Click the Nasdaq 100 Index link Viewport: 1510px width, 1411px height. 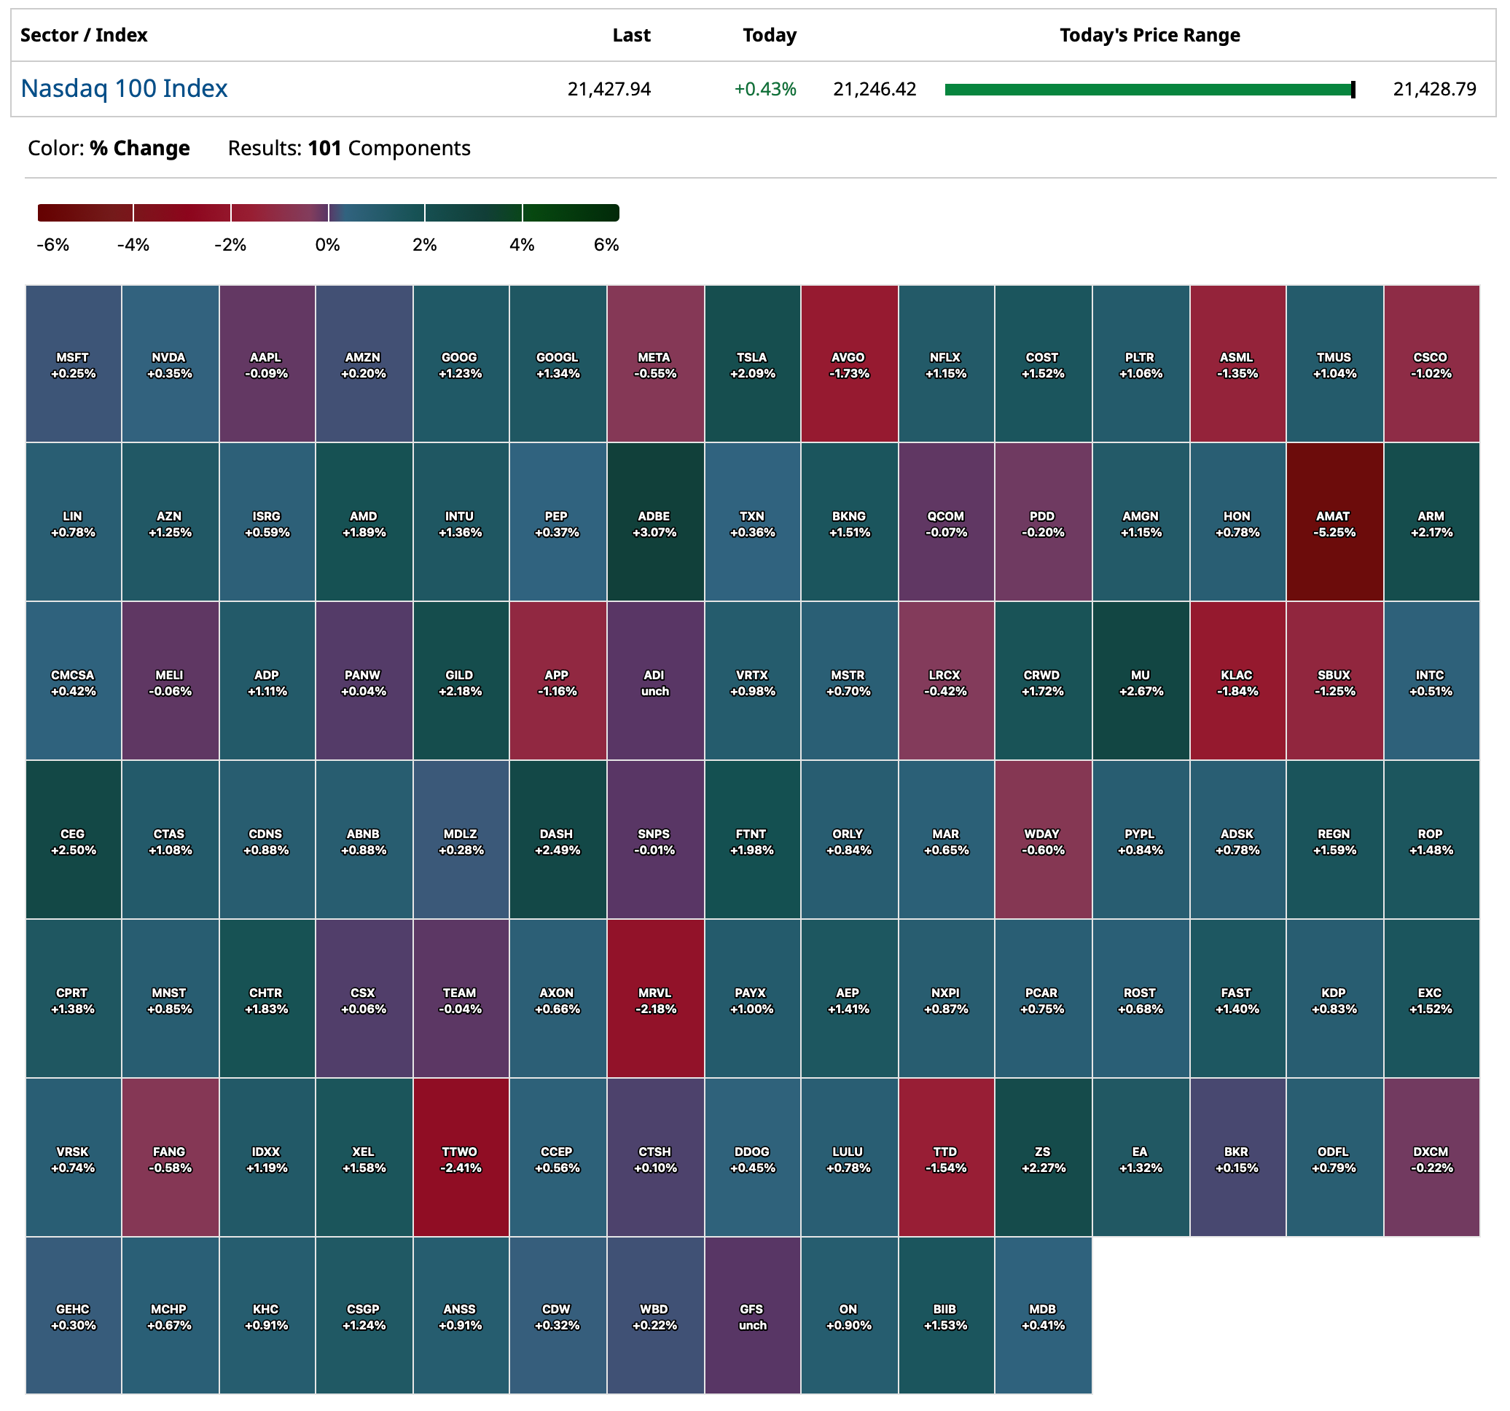(x=124, y=89)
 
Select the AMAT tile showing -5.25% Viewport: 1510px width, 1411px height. (x=1334, y=523)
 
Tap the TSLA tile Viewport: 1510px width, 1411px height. (x=752, y=364)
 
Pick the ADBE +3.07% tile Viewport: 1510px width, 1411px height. (x=654, y=523)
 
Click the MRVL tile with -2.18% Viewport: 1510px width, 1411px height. (x=654, y=999)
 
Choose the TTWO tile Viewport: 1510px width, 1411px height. (x=461, y=1158)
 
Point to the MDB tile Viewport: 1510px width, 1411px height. (x=1042, y=1316)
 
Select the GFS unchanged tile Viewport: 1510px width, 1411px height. (x=752, y=1316)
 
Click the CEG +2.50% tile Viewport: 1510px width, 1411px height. (x=73, y=840)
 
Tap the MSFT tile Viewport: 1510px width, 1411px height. (x=73, y=364)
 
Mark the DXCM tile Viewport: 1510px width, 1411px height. (x=1431, y=1158)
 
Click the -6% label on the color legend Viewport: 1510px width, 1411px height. (x=52, y=245)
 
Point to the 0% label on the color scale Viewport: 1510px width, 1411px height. (x=327, y=245)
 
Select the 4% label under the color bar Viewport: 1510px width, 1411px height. (x=522, y=245)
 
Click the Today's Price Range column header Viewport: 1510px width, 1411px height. (x=1149, y=35)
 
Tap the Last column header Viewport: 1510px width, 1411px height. (x=631, y=35)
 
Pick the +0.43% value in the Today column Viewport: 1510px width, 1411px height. (x=765, y=90)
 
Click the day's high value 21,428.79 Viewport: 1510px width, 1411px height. (x=1434, y=90)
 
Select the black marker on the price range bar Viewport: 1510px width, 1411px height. (x=1353, y=90)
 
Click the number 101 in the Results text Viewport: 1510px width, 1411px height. (x=324, y=148)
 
